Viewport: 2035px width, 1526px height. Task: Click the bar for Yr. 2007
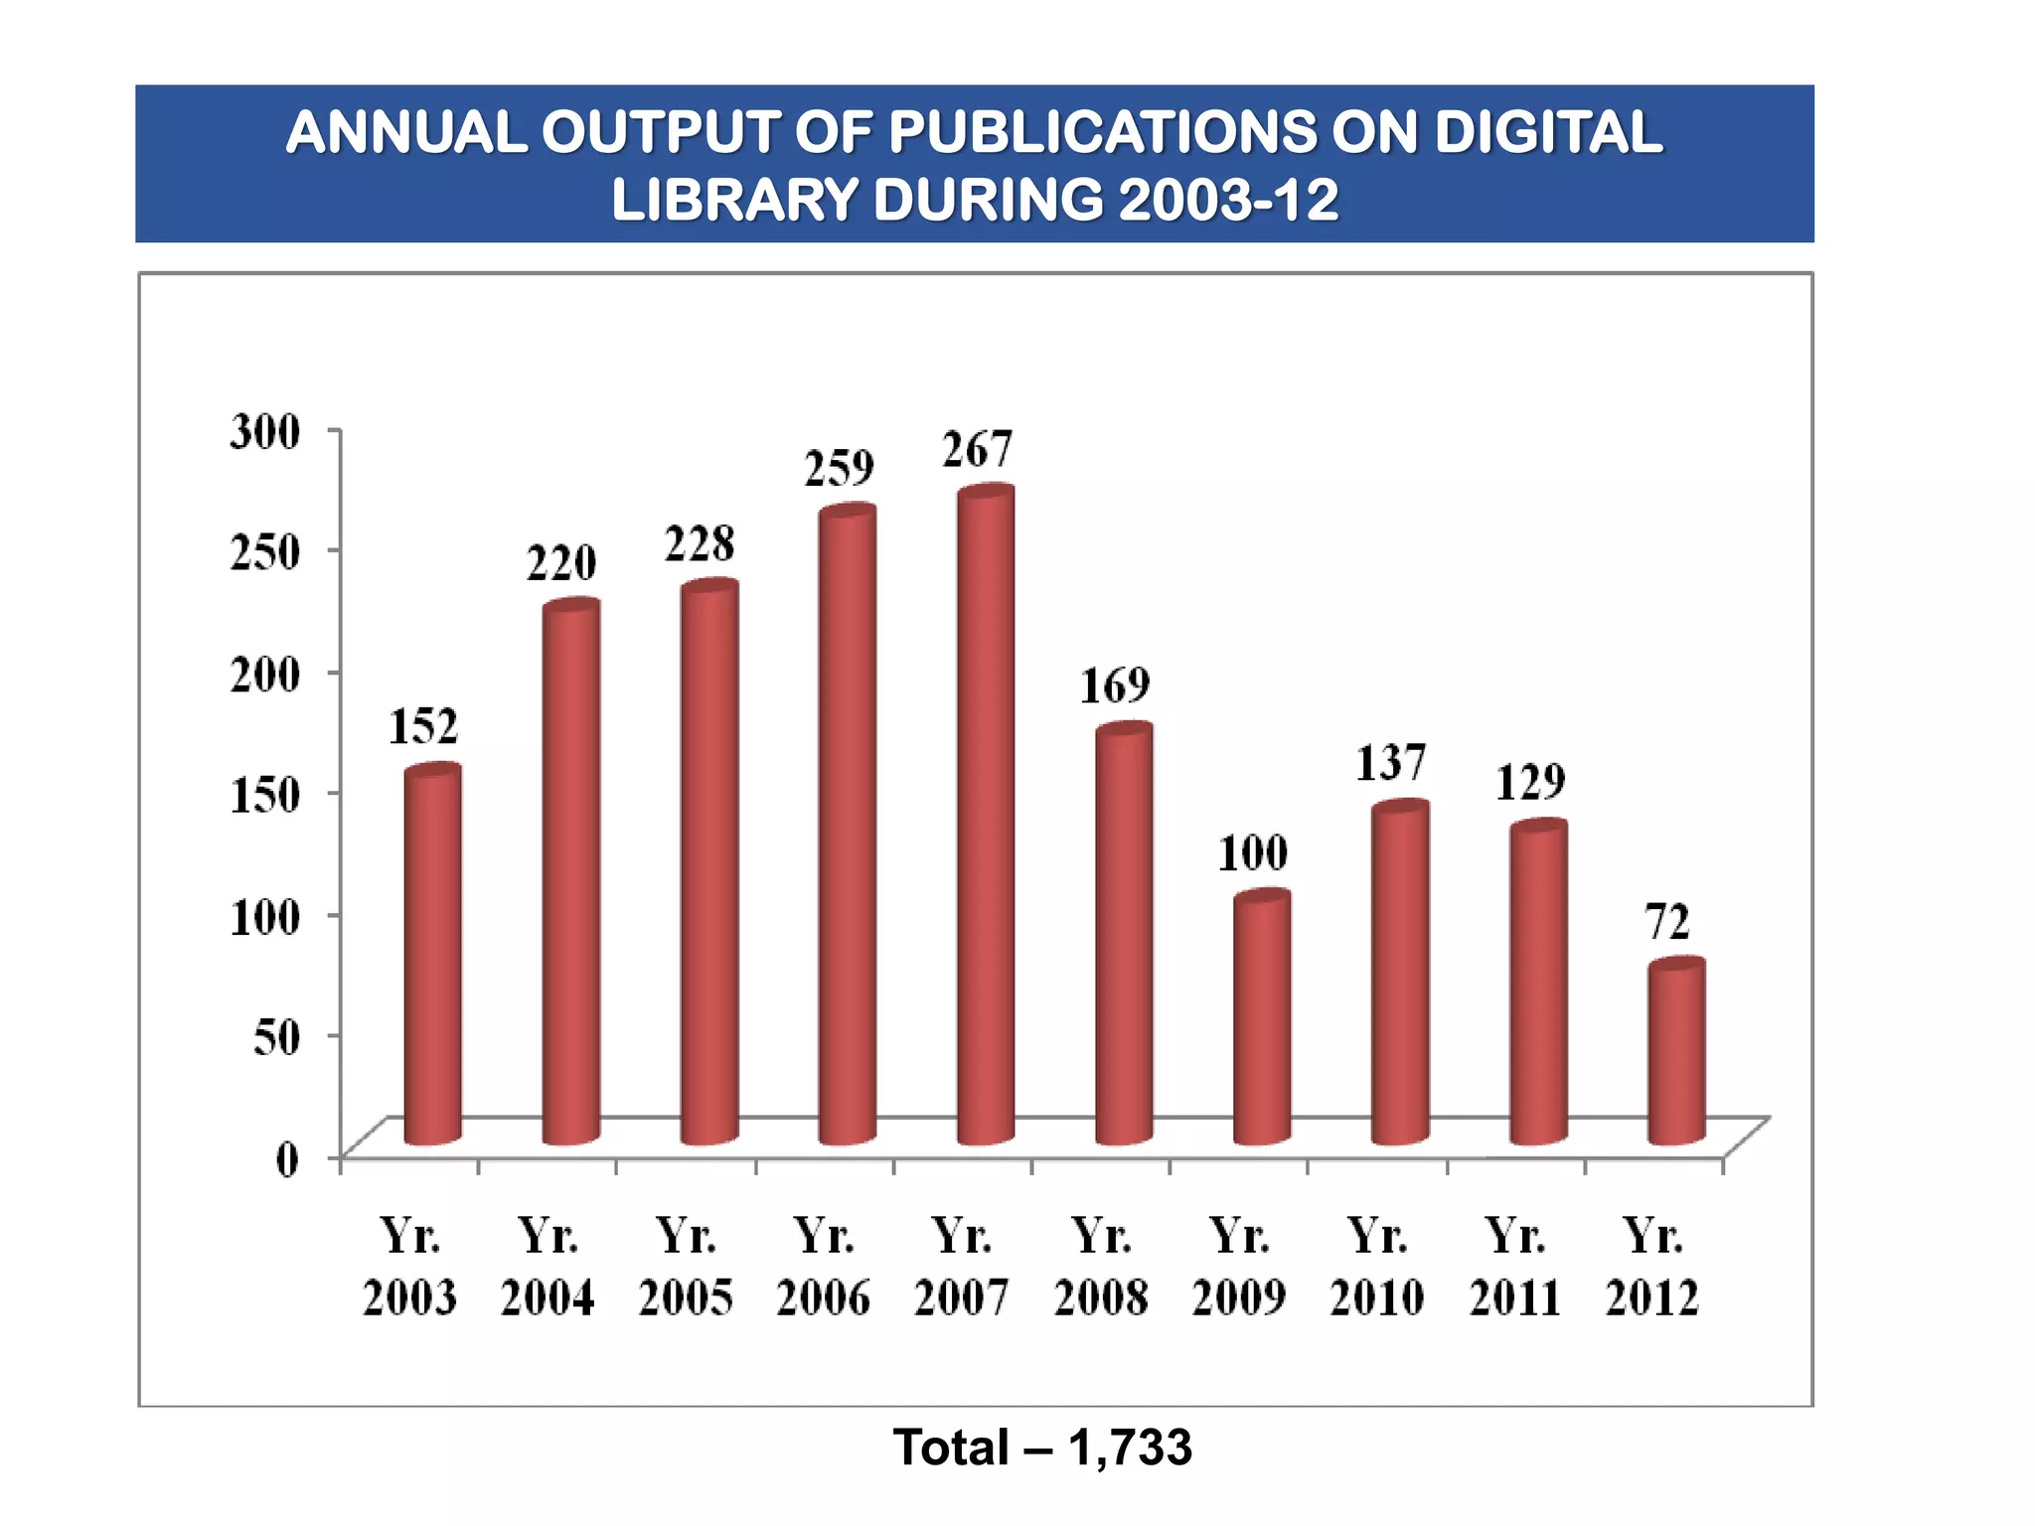pos(985,815)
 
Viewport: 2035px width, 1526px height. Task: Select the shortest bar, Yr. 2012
pos(1676,1053)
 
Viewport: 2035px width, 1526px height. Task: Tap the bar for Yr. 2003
pos(432,954)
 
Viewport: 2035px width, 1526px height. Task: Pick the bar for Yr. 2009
pos(1262,1018)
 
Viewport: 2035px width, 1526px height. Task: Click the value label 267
pos(977,450)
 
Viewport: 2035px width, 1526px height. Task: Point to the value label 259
pos(839,468)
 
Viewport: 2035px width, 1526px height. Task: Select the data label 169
pos(1115,686)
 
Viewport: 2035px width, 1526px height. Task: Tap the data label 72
pos(1667,922)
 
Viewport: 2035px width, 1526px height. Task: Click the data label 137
pos(1391,763)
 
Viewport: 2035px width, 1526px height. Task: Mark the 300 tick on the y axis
pos(264,432)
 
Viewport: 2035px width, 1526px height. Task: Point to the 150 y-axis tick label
pos(264,795)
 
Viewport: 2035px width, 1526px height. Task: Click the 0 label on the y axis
pos(287,1159)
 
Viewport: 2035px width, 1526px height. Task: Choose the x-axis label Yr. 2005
pos(686,1267)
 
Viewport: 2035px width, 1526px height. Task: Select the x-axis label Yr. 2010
pos(1377,1267)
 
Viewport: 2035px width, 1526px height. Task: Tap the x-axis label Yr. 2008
pos(1101,1267)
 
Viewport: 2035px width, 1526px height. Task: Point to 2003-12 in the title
pos(1228,200)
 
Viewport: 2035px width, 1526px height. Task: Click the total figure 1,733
pos(1130,1448)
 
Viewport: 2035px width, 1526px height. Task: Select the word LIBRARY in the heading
pos(734,200)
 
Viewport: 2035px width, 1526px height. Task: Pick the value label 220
pos(561,563)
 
